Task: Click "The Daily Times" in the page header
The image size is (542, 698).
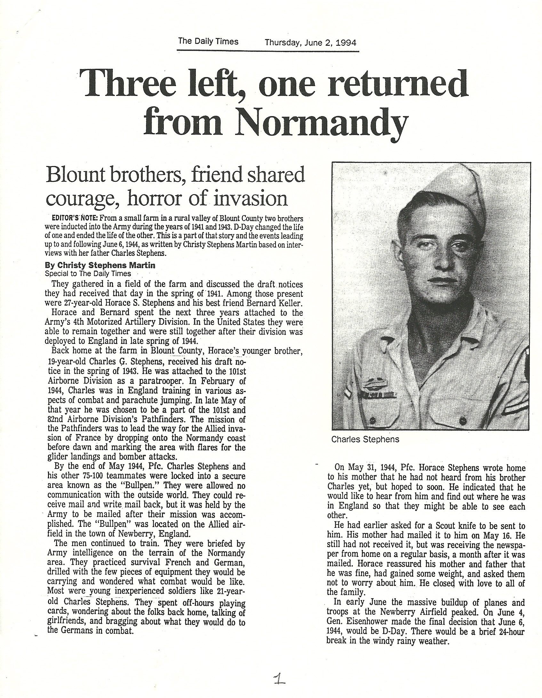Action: coord(208,42)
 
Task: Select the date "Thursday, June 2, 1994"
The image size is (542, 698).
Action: coord(310,43)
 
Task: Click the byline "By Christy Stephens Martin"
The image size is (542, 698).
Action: coord(97,265)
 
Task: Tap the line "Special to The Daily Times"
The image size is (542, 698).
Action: coord(88,274)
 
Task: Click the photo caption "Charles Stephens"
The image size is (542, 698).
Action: coord(365,439)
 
